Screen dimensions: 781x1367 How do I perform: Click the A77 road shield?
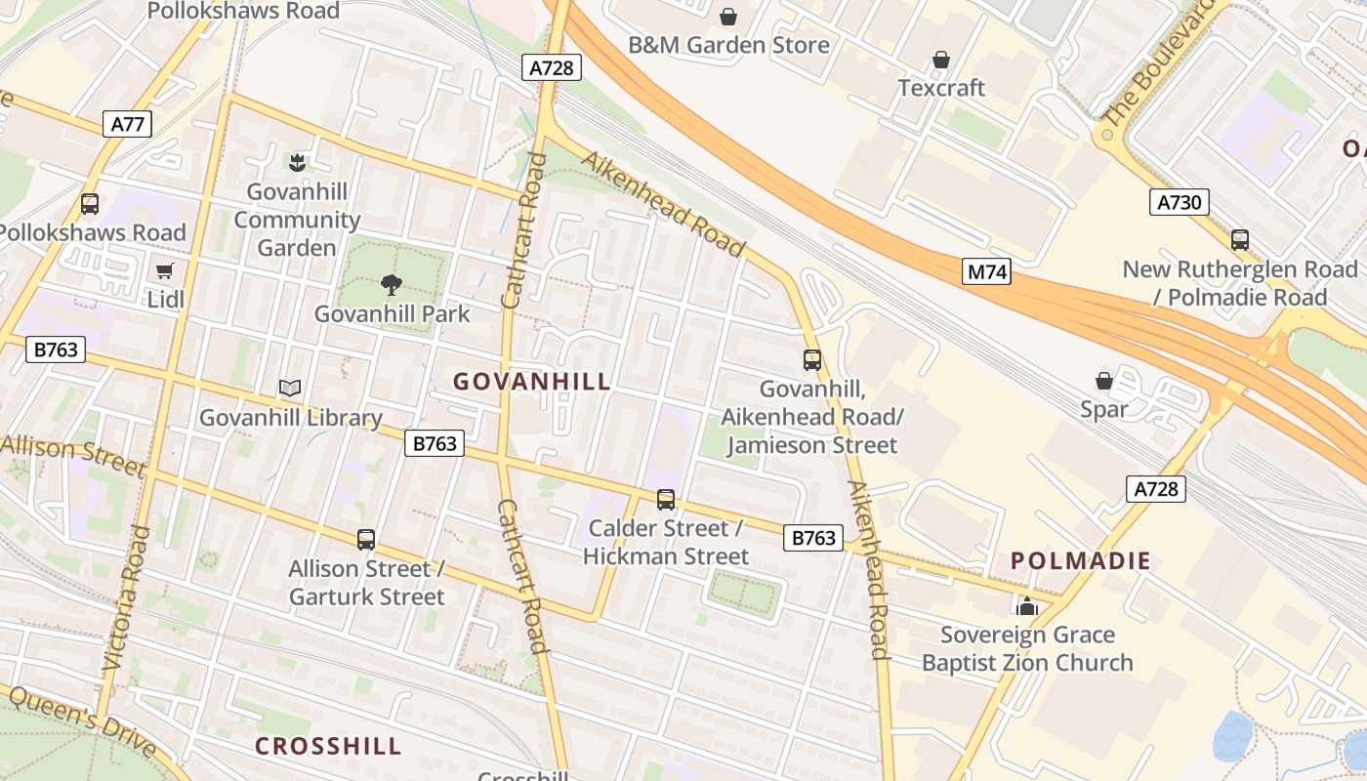tap(127, 124)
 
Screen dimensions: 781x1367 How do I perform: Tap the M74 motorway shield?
tap(986, 271)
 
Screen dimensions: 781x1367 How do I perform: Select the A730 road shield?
tap(1179, 202)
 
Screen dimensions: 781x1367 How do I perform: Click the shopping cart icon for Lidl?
tap(165, 270)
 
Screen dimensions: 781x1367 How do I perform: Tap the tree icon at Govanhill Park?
tap(392, 285)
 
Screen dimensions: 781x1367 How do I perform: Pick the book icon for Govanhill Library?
tap(290, 389)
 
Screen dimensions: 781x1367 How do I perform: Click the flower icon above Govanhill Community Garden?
tap(297, 162)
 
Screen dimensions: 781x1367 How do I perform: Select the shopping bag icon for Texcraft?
tap(941, 61)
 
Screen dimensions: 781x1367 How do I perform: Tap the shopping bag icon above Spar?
tap(1104, 381)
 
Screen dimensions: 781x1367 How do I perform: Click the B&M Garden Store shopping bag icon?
tap(728, 17)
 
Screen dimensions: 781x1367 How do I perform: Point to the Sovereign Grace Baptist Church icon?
tap(1026, 606)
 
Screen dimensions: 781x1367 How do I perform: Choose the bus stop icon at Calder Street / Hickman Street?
tap(666, 500)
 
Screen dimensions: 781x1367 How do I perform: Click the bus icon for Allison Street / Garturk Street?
tap(366, 540)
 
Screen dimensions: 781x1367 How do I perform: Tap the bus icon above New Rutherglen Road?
tap(1240, 240)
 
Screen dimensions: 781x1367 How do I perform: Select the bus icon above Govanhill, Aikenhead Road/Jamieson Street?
tap(812, 360)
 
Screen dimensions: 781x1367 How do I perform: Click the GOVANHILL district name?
tap(532, 382)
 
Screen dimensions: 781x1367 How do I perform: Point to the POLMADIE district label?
tap(1081, 561)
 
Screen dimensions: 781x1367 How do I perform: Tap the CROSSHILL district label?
tap(328, 746)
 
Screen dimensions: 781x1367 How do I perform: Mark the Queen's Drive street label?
tap(83, 720)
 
